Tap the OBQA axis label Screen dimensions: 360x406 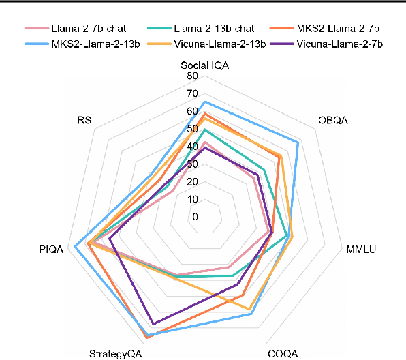(x=333, y=120)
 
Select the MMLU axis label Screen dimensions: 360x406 (x=361, y=249)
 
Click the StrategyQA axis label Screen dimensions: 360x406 (x=116, y=353)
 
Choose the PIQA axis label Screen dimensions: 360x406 (x=51, y=250)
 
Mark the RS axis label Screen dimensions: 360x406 (x=84, y=120)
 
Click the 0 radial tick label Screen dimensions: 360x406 (x=196, y=217)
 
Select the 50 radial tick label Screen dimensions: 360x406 (x=194, y=129)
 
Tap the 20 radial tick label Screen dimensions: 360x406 (x=194, y=182)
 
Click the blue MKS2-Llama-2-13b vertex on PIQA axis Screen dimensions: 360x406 (x=74, y=247)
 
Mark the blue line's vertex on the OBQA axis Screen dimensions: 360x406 (x=298, y=142)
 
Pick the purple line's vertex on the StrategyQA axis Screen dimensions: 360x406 (x=153, y=324)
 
